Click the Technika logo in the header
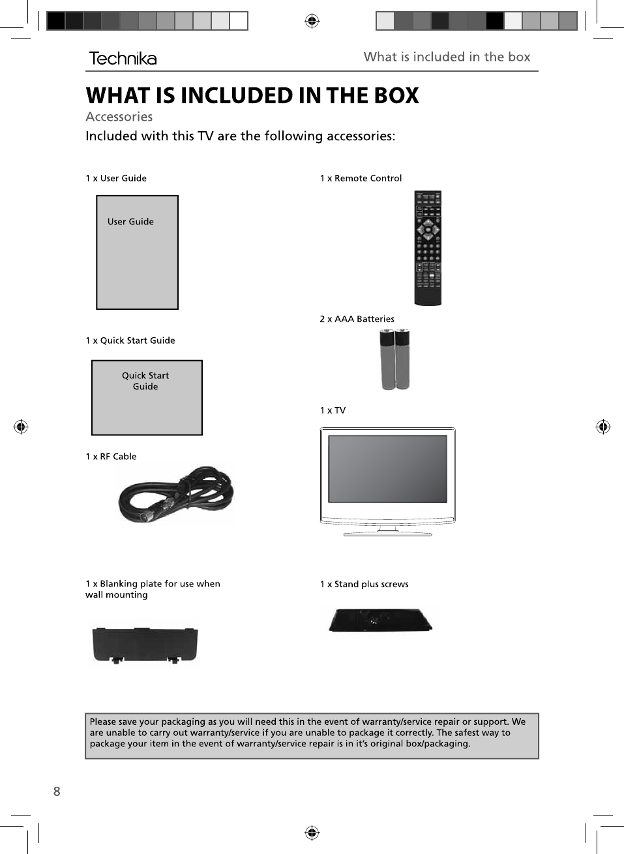coord(123,58)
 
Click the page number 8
coord(57,791)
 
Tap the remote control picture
coord(428,248)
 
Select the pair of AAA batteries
coord(395,359)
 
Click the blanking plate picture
coord(145,645)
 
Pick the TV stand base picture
coord(380,620)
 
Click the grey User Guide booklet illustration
coord(137,252)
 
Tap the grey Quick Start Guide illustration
coord(147,397)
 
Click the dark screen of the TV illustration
coord(387,469)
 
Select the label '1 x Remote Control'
coord(361,178)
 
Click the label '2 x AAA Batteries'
coord(357,319)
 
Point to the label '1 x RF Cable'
coord(111,457)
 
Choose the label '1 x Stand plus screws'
coord(364,584)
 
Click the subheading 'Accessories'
coord(119,117)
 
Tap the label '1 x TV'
coord(333,410)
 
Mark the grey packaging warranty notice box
coord(312,736)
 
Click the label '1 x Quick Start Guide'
coord(130,341)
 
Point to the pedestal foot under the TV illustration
coord(387,532)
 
